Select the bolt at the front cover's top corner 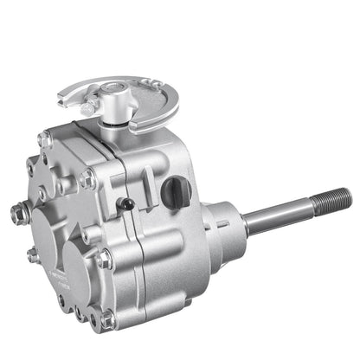[x=46, y=138]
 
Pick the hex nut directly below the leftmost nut [x=33, y=254]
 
